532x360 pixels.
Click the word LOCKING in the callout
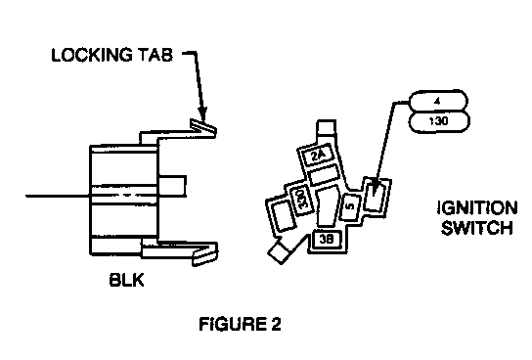pos(92,55)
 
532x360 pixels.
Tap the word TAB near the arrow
pos(155,55)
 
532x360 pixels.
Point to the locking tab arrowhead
pos(202,113)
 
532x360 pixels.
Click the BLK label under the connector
pos(126,280)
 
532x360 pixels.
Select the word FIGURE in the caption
pos(232,324)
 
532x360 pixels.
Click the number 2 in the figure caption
pos(276,324)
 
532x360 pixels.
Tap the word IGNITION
pos(477,208)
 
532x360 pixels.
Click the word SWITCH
pos(477,228)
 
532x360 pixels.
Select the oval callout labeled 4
pos(439,101)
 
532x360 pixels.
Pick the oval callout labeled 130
pos(439,121)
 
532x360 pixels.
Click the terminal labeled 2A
pos(318,156)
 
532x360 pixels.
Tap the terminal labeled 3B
pos(327,240)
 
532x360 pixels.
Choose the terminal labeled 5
pos(350,206)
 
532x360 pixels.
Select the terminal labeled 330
pos(301,200)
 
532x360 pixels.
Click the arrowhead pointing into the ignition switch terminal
pos(374,190)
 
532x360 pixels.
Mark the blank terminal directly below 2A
pos(324,175)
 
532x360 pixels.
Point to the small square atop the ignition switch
pos(327,127)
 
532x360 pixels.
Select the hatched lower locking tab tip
pos(205,256)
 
